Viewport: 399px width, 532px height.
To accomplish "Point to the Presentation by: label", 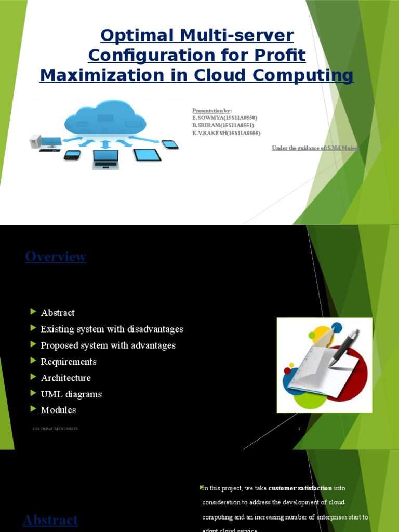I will coord(212,111).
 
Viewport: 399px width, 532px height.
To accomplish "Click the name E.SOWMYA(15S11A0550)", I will coord(224,118).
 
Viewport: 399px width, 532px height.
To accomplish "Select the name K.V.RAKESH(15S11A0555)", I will coord(226,133).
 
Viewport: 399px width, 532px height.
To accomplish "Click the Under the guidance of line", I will coord(316,148).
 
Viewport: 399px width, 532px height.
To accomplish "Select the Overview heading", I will coord(56,257).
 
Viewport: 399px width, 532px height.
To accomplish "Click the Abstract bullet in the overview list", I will coord(58,313).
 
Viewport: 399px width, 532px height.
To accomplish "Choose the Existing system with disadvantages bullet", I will coord(112,329).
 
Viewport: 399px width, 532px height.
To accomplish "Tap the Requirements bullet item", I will coord(69,362).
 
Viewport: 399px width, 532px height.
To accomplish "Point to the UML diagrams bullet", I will coord(71,394).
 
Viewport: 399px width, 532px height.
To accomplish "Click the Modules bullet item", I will coord(58,410).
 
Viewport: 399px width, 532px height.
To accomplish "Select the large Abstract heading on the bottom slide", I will coord(51,520).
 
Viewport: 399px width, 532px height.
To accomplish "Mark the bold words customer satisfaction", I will coord(300,488).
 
